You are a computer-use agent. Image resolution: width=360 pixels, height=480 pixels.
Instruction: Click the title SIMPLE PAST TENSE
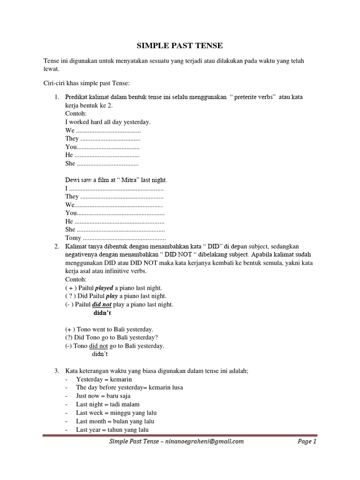180,45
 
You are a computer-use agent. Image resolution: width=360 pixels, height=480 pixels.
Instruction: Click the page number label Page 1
307,441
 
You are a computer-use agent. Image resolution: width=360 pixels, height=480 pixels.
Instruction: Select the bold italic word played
104,288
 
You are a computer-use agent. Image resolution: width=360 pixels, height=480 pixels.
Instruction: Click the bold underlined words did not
102,304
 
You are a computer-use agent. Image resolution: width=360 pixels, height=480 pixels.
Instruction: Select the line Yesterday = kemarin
104,379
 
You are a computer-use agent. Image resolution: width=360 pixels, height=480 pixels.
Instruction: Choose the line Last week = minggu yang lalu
116,412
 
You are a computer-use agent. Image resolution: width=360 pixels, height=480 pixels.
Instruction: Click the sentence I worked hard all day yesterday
108,122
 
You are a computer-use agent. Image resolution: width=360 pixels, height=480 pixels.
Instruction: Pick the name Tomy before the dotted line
73,238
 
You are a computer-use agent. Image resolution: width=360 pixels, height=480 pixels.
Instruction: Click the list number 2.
56,246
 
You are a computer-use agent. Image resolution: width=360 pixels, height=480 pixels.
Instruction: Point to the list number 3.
56,371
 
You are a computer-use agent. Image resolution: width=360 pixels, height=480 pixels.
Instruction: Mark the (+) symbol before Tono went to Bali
70,329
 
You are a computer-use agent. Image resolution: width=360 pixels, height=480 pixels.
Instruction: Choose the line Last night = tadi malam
108,404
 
